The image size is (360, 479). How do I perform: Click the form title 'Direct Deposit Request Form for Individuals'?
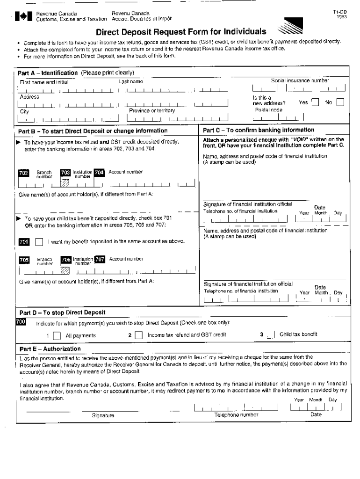coord(181,32)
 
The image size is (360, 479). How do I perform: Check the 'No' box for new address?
coord(340,102)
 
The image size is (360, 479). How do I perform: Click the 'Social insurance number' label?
coord(300,80)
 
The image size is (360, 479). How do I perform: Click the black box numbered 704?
coord(99,172)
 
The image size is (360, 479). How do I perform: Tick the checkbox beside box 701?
coord(39,242)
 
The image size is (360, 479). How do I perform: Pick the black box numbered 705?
coord(23,260)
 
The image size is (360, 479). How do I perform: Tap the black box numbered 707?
coord(100,259)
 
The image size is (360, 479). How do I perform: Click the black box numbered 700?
coord(21,322)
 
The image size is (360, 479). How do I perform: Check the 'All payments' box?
coord(57,335)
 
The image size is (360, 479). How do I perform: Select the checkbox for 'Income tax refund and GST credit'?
coord(138,335)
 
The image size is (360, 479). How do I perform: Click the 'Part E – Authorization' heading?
coord(49,348)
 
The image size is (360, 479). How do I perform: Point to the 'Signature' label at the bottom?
coord(103,415)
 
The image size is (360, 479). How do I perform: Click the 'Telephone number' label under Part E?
coord(236,414)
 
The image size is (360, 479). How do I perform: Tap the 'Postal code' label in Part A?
coord(268,110)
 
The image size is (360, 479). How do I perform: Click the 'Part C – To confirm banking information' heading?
coord(259,130)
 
